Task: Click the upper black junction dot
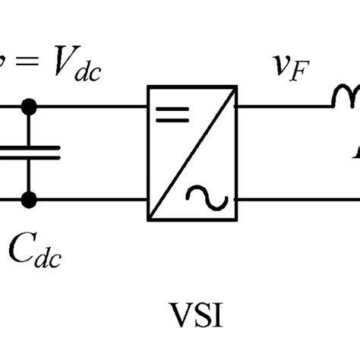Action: pyautogui.click(x=29, y=106)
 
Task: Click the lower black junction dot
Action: pyautogui.click(x=29, y=201)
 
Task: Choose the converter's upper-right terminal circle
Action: pyautogui.click(x=237, y=106)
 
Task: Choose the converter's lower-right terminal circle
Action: pyautogui.click(x=237, y=201)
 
